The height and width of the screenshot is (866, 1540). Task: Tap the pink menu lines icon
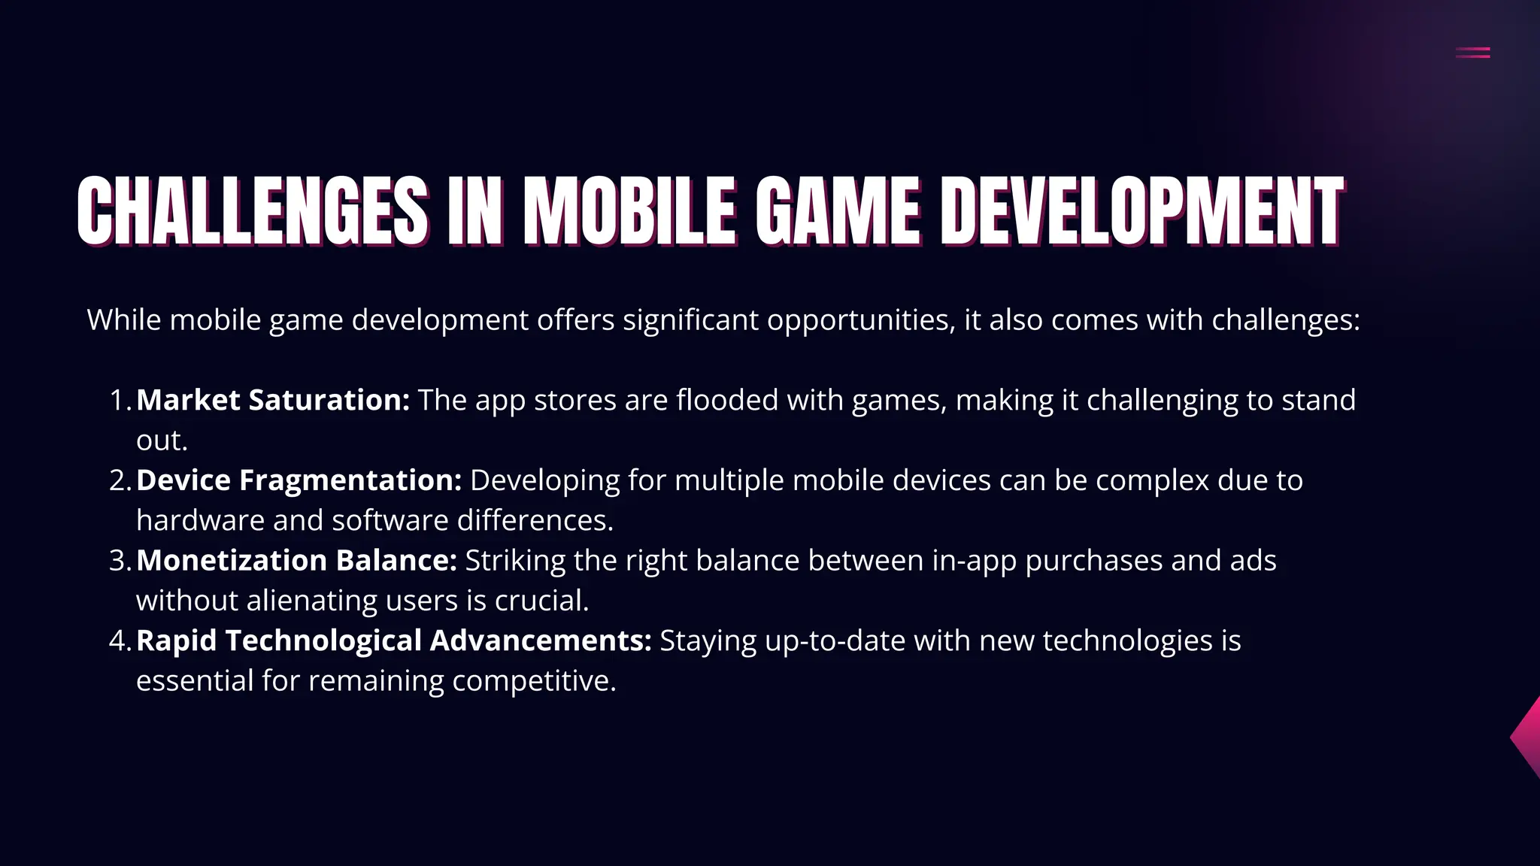pos(1472,53)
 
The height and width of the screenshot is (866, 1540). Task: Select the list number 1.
pos(118,401)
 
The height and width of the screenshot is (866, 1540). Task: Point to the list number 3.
pos(118,561)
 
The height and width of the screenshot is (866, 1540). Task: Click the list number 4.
pos(118,641)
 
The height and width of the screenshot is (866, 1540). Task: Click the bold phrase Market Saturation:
pos(272,401)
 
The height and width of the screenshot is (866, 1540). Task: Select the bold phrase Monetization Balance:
pos(296,561)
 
